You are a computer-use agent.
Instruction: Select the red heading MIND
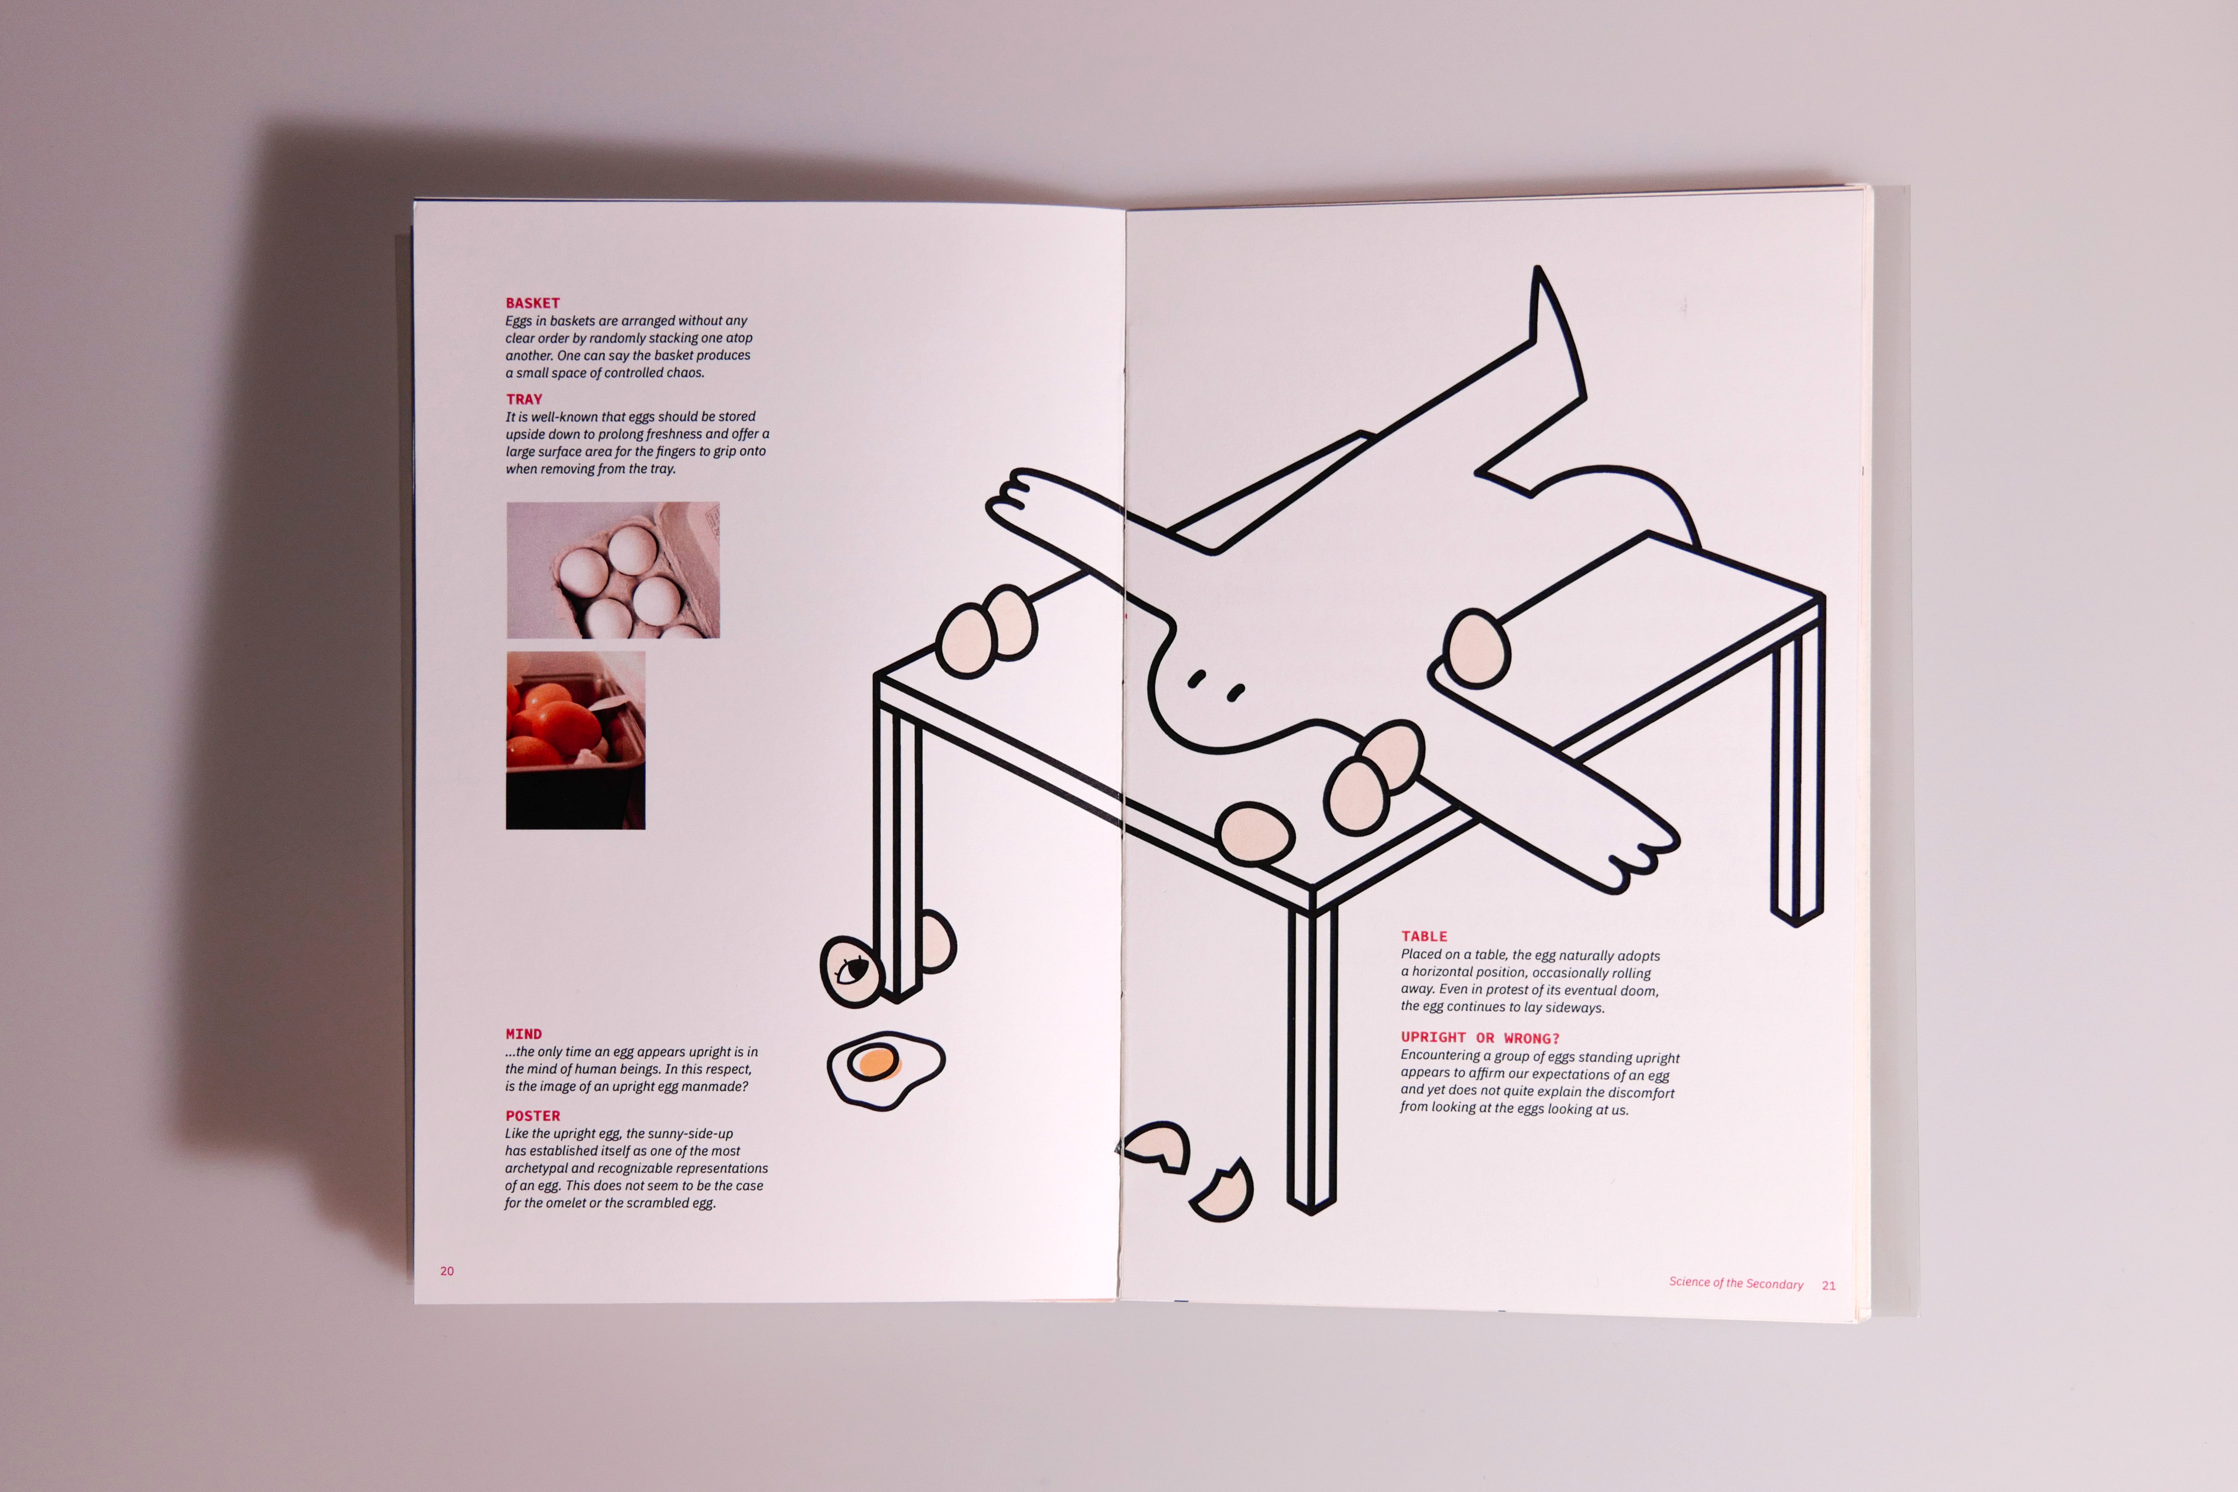pos(523,1034)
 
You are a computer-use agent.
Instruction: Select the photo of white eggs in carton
pos(613,570)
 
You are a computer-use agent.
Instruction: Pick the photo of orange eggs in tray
pos(576,740)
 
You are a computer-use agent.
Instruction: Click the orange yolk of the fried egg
pos(873,1062)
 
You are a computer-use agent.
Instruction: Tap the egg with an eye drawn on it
pos(852,970)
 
